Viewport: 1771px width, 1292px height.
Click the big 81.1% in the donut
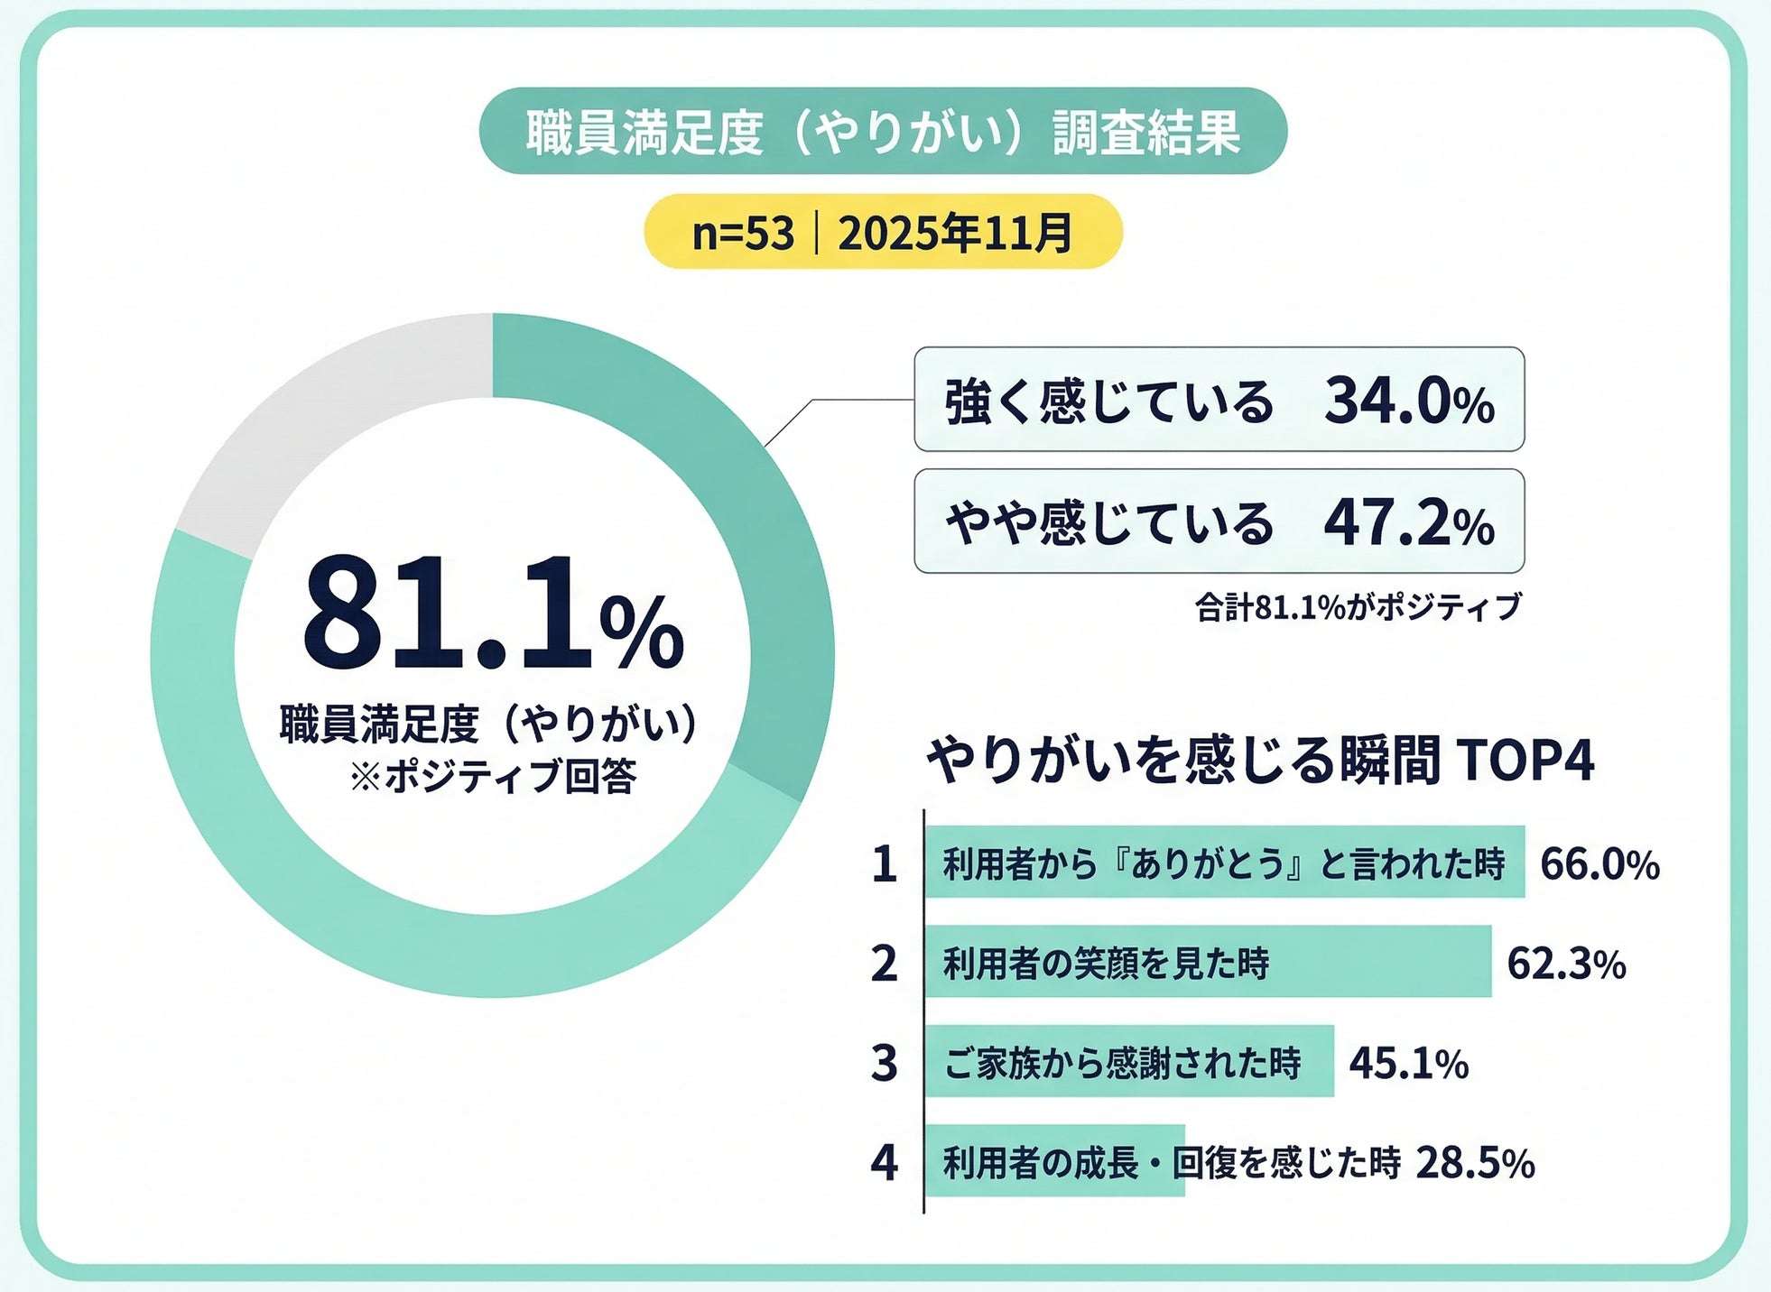click(492, 614)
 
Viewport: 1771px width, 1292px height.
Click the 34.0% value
click(1408, 401)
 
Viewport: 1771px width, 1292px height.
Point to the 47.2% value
click(1408, 523)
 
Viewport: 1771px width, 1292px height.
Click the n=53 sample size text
click(742, 233)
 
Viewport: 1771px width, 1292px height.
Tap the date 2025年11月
click(955, 233)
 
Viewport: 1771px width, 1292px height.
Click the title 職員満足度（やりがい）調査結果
click(882, 132)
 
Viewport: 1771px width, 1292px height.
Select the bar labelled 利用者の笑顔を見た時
click(1207, 962)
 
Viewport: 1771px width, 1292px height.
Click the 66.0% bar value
click(1599, 863)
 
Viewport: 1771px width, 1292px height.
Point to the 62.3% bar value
click(1566, 964)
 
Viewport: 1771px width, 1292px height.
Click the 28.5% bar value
click(1474, 1163)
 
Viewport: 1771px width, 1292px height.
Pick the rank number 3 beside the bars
click(884, 1063)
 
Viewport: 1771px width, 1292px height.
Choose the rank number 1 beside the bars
click(884, 863)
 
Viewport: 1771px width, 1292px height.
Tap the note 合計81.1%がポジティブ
click(1358, 607)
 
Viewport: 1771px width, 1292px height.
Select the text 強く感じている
click(1108, 401)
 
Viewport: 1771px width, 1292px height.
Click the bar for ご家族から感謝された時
click(1128, 1062)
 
